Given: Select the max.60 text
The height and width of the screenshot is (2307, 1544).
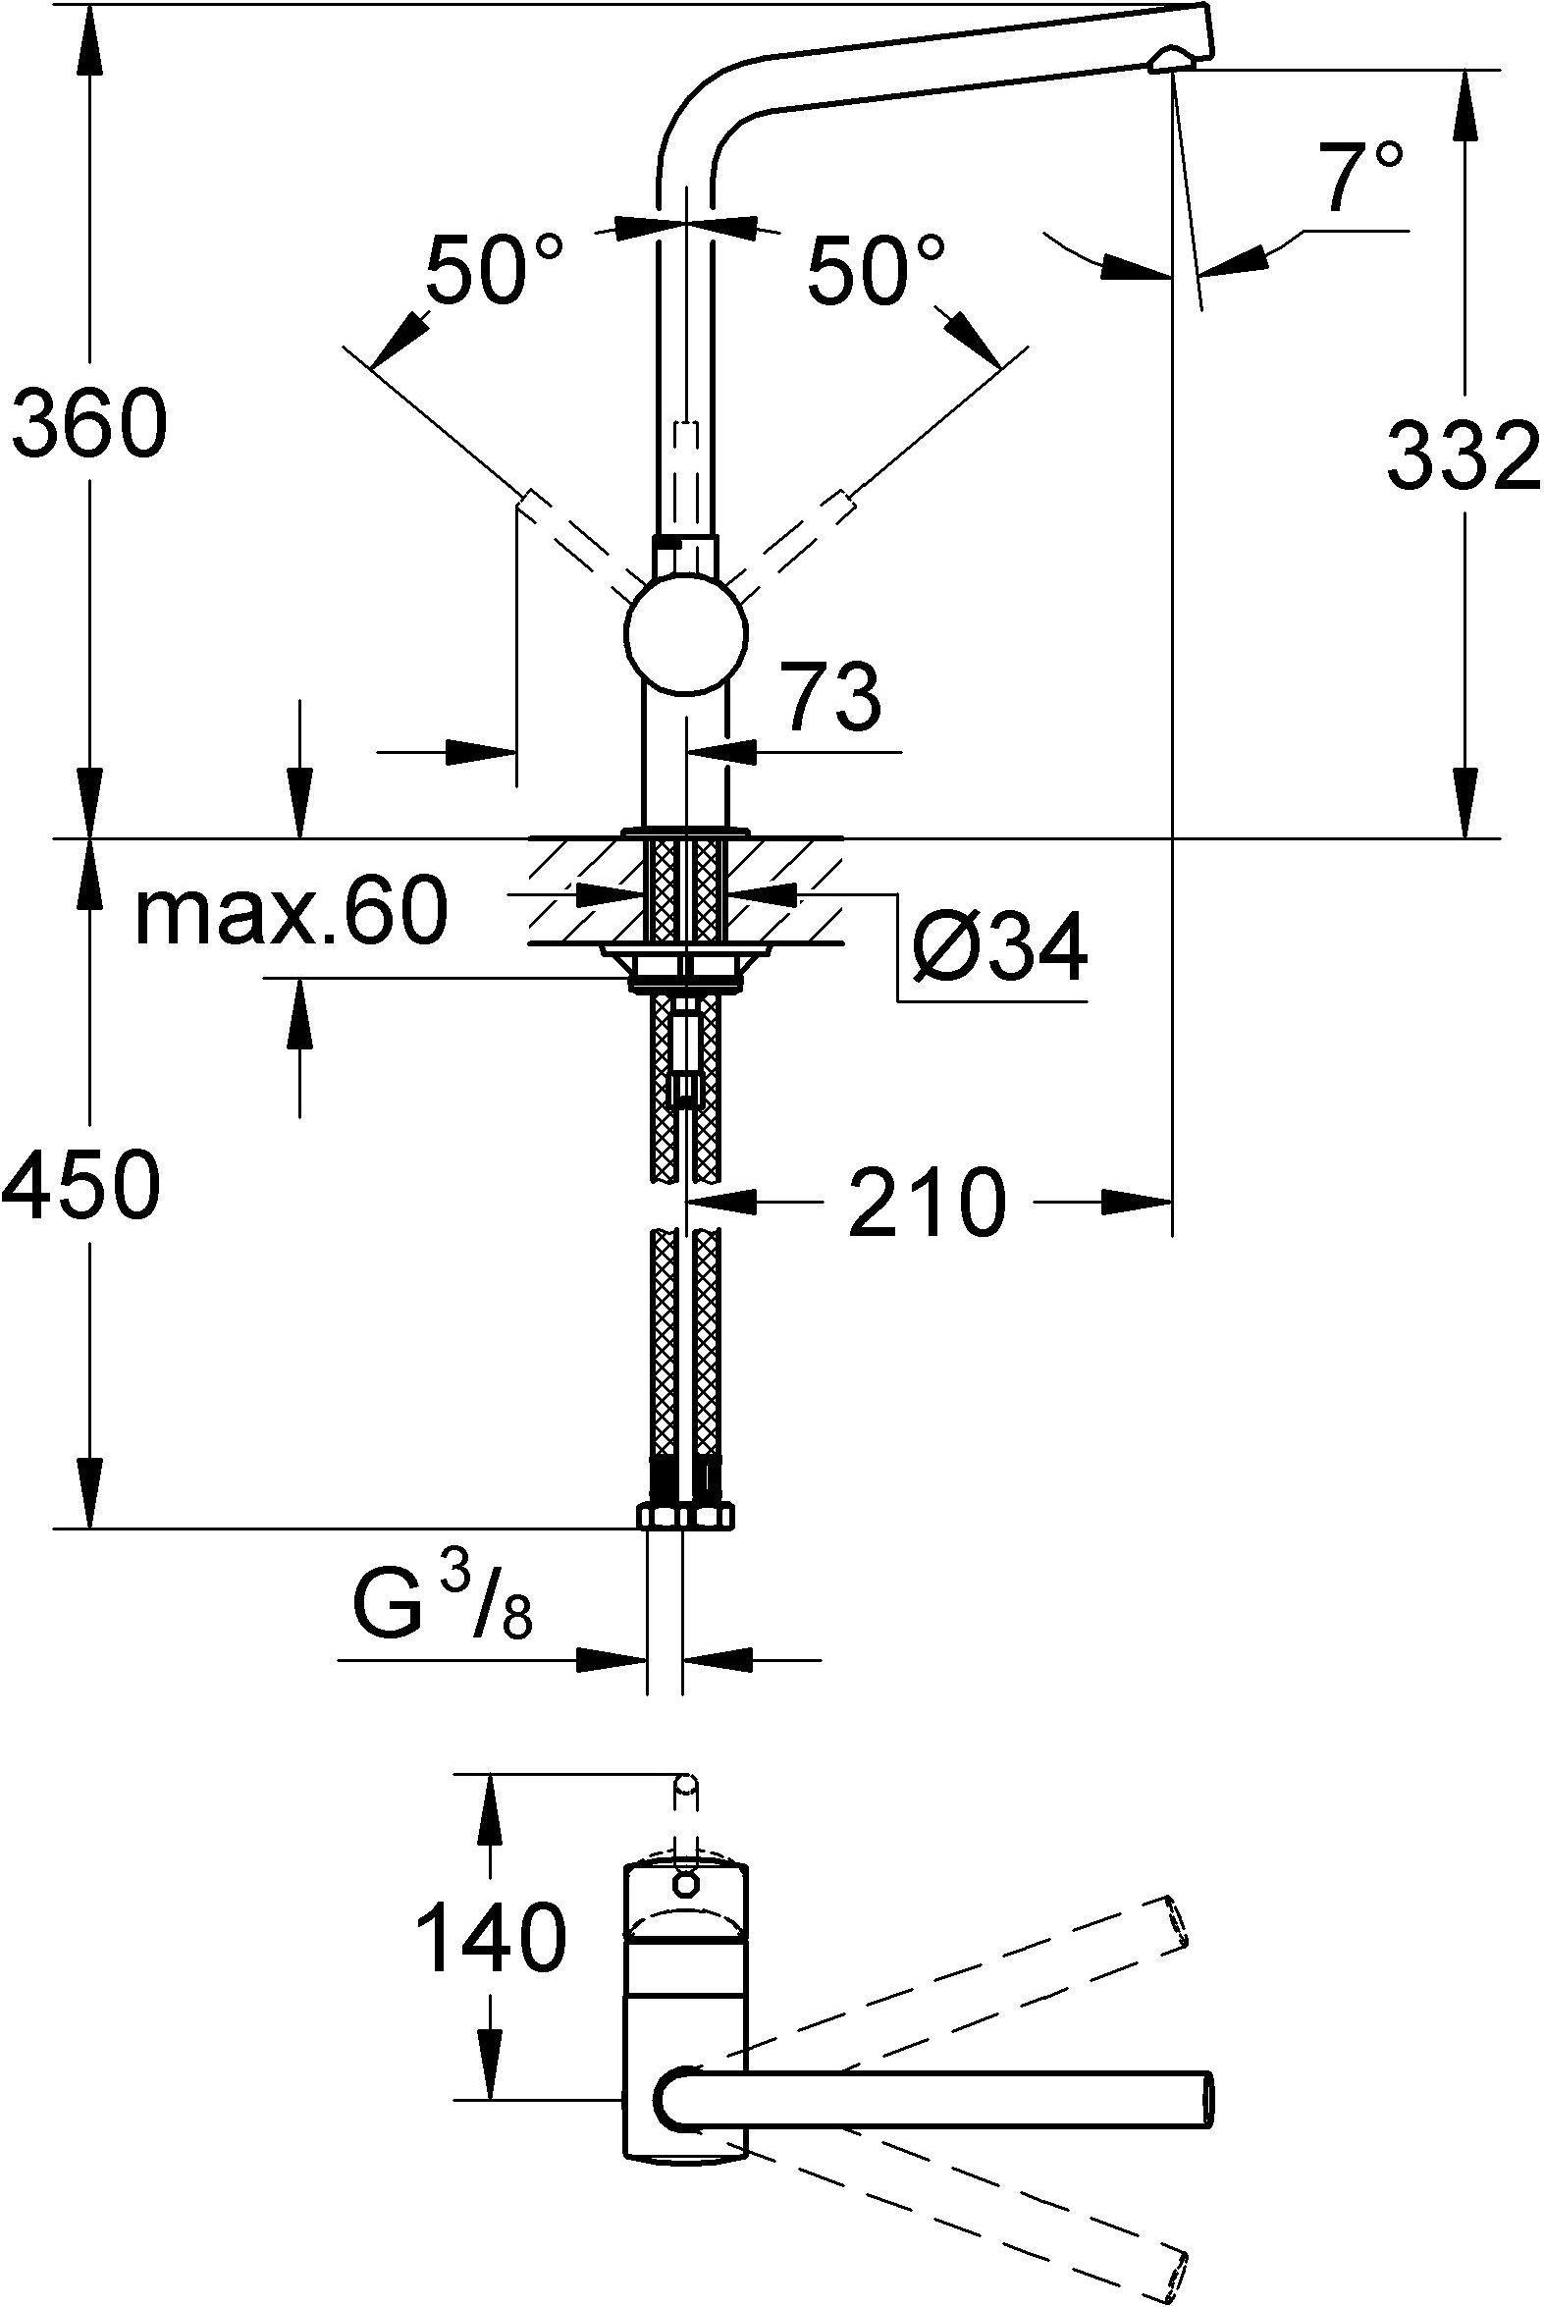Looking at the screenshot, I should (x=292, y=915).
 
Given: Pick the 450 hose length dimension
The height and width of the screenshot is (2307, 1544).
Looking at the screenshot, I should (x=80, y=1184).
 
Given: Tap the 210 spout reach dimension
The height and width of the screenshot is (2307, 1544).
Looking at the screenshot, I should (x=927, y=1204).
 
